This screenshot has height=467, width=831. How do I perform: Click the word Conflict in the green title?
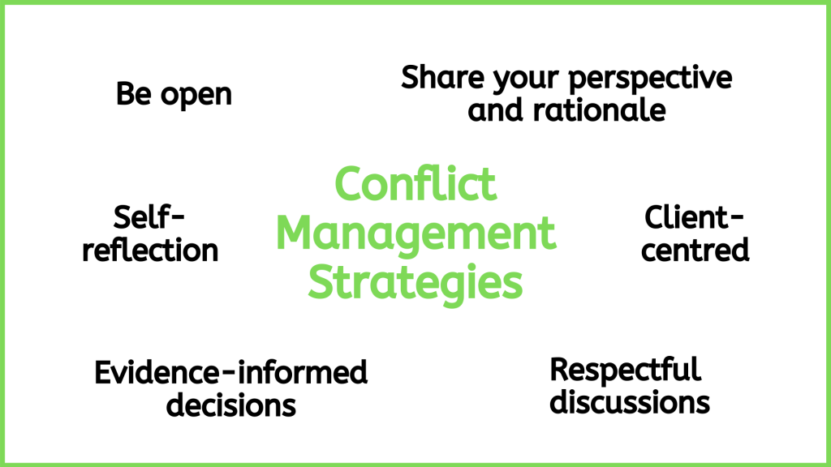415,183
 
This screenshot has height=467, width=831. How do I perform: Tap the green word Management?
415,234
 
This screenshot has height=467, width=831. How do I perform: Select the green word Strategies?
415,283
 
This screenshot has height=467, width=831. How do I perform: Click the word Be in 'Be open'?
134,94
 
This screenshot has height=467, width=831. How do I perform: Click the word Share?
442,77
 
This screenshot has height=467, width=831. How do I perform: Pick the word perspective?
650,79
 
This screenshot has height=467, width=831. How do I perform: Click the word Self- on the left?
149,217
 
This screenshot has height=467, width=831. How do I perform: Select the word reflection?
150,250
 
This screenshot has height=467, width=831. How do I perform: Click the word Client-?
695,217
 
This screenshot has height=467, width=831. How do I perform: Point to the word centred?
695,250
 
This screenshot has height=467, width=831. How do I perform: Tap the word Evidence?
157,372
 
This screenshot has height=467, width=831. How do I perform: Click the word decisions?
231,405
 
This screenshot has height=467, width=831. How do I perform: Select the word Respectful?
626,370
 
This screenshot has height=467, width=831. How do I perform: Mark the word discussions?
630,402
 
